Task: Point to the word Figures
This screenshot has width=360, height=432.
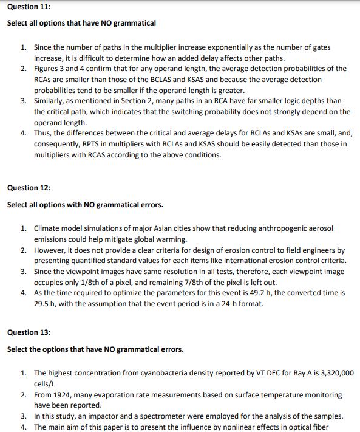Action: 46,69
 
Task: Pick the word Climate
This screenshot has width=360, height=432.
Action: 47,228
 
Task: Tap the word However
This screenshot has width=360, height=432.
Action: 50,250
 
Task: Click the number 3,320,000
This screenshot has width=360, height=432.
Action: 332,373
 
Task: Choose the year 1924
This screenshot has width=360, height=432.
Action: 61,395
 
